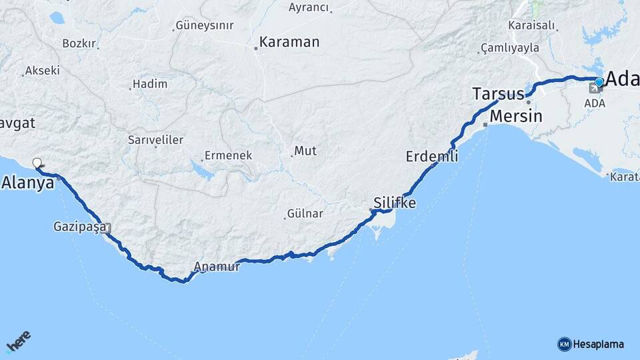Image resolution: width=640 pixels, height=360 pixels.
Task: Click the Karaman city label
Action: pyautogui.click(x=289, y=42)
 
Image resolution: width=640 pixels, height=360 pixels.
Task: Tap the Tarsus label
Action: pyautogui.click(x=497, y=93)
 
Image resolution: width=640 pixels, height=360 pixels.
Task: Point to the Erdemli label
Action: pyautogui.click(x=432, y=157)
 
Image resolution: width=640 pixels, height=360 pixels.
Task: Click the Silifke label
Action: pyautogui.click(x=395, y=203)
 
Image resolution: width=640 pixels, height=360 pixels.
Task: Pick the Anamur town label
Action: pyautogui.click(x=217, y=267)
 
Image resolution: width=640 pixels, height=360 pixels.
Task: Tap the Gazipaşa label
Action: pyautogui.click(x=79, y=227)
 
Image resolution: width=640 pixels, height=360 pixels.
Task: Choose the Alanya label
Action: pyautogui.click(x=28, y=182)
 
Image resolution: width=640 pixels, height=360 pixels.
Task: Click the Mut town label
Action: pyautogui.click(x=305, y=151)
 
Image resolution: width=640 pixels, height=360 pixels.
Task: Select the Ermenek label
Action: pyautogui.click(x=228, y=155)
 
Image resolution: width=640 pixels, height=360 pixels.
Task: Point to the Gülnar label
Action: pyautogui.click(x=305, y=213)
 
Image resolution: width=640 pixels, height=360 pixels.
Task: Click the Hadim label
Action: pyautogui.click(x=150, y=84)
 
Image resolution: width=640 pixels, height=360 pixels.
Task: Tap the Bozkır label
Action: pyautogui.click(x=79, y=43)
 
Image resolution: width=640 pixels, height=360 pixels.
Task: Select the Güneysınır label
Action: pyautogui.click(x=204, y=27)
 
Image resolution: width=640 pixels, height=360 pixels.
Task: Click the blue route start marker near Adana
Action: pyautogui.click(x=599, y=82)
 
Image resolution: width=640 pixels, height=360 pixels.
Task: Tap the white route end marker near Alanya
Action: pyautogui.click(x=37, y=162)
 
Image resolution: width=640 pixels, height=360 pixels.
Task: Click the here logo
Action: pyautogui.click(x=18, y=341)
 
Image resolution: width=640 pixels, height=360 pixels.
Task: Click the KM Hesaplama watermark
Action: pyautogui.click(x=591, y=344)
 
